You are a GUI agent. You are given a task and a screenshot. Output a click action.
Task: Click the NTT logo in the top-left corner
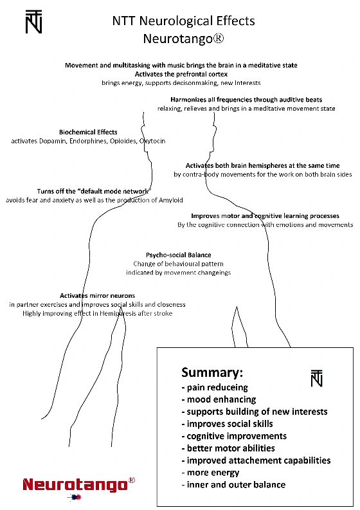[34, 21]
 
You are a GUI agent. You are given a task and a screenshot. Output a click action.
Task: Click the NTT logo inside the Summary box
[317, 378]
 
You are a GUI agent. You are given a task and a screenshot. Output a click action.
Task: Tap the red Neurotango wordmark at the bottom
[75, 485]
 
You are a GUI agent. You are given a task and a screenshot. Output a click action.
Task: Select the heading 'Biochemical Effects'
[88, 132]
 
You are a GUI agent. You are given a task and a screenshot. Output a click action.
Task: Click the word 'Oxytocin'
[152, 141]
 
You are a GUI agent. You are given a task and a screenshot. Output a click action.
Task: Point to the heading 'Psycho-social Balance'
[179, 255]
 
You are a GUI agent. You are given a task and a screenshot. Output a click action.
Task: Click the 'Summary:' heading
[212, 372]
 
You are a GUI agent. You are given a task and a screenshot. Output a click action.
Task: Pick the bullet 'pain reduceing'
[215, 387]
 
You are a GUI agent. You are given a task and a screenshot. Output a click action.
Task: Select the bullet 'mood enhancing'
[219, 399]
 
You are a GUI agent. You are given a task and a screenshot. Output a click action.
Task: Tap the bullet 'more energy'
[210, 473]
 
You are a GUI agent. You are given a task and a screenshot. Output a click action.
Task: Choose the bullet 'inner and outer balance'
[233, 485]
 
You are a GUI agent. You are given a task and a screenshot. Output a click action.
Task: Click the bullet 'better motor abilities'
[228, 448]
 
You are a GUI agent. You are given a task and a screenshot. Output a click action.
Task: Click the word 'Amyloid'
[171, 201]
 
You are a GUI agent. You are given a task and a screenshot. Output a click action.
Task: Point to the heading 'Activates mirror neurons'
[97, 296]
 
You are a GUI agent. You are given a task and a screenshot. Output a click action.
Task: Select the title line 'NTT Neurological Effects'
[183, 21]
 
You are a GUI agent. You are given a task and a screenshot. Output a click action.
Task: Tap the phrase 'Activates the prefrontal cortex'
[181, 74]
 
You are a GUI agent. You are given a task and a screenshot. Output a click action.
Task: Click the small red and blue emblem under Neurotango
[75, 497]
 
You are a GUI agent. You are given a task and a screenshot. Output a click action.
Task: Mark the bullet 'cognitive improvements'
[234, 436]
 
